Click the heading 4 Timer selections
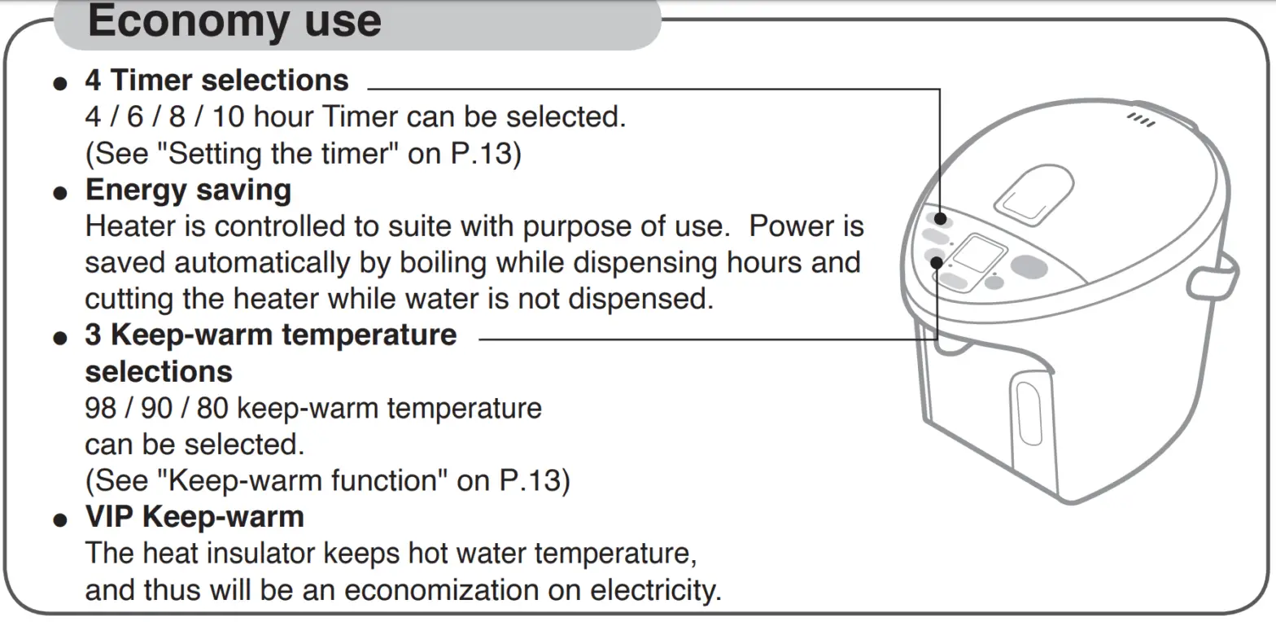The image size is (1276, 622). (216, 81)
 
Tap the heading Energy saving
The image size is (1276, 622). (188, 190)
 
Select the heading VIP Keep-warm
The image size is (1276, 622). (194, 516)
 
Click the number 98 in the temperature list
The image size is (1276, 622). (100, 407)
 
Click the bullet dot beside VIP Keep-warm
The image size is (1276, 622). (59, 519)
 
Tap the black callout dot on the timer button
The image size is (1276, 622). (941, 219)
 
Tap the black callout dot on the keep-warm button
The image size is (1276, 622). (937, 262)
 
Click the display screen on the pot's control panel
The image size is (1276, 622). (977, 254)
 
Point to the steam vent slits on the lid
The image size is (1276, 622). (1141, 120)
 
